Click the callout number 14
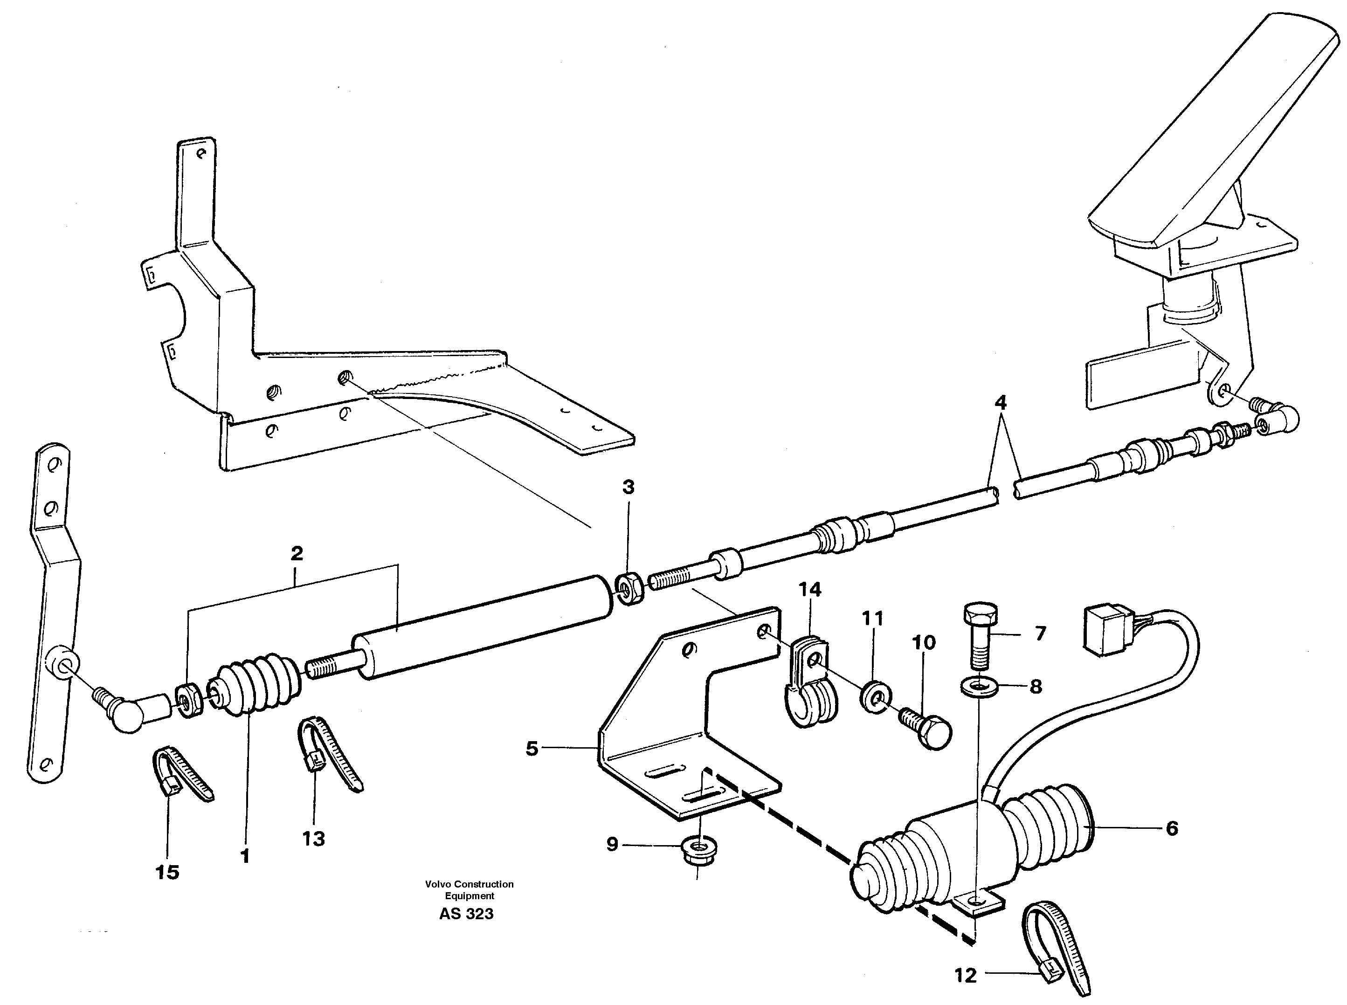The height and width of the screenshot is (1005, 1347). coord(810,589)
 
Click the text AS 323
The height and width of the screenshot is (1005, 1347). coord(466,914)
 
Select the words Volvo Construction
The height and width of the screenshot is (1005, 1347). coord(469,884)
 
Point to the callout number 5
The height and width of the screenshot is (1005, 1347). coord(532,748)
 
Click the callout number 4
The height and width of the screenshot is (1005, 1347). coord(1000,402)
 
